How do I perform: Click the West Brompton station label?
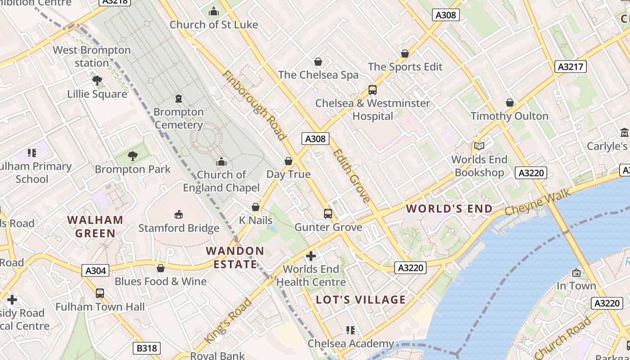[92, 56]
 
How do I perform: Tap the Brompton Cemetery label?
[179, 118]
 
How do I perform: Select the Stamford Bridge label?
[179, 228]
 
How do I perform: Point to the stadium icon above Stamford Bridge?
[179, 214]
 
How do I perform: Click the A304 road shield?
[96, 270]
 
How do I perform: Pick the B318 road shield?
[147, 348]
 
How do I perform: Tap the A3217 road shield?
[571, 67]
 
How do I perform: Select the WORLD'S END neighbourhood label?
[449, 209]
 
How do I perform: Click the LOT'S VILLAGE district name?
[361, 300]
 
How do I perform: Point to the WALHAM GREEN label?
[95, 226]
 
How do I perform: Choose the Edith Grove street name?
[351, 175]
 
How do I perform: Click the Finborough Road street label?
[254, 105]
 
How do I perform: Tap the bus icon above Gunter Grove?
[328, 213]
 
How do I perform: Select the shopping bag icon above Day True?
[288, 161]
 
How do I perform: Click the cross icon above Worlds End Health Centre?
[311, 256]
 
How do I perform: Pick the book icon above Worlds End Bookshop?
[479, 146]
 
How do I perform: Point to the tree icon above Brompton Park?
[132, 156]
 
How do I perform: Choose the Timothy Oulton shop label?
[509, 116]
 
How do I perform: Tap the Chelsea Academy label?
[351, 344]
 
